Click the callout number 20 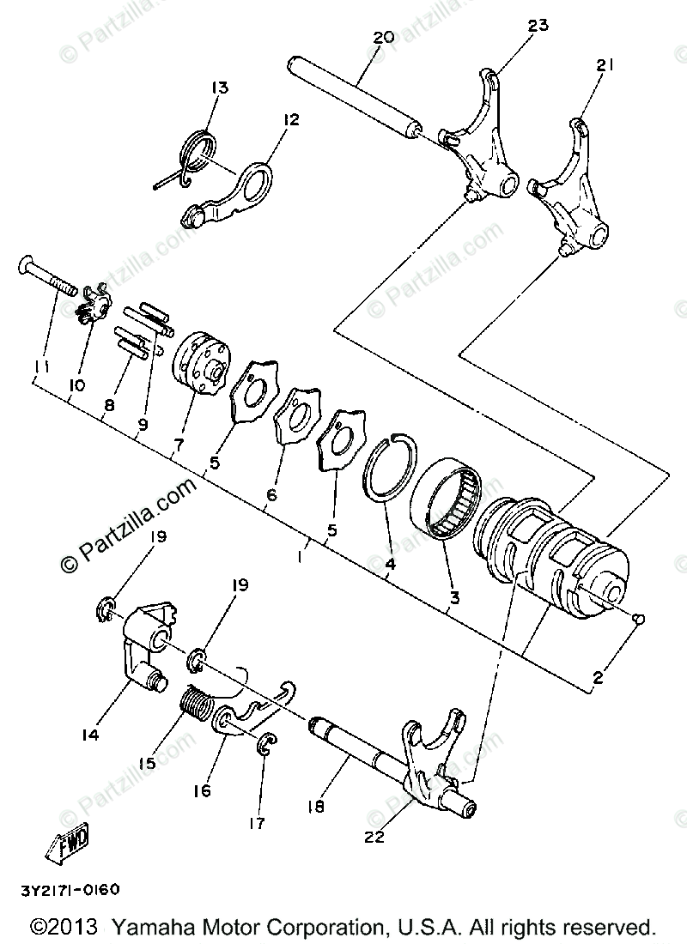coord(384,38)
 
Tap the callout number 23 coord(538,26)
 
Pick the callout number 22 coord(374,837)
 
